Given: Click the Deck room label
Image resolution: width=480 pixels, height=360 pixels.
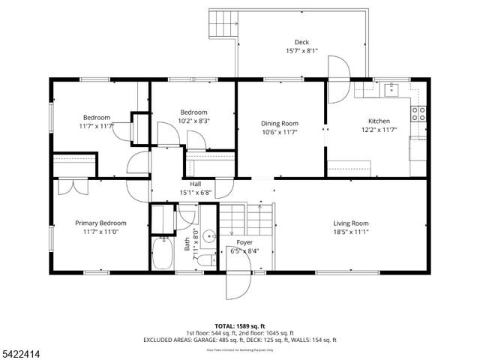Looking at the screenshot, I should click(x=301, y=42).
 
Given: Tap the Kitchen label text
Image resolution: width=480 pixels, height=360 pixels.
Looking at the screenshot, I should click(x=378, y=121).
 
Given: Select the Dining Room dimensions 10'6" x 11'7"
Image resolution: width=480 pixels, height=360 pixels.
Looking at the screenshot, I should click(x=280, y=132).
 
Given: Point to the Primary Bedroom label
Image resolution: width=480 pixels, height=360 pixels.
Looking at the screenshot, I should click(x=100, y=223).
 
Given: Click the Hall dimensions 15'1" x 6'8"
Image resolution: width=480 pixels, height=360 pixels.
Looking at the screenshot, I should click(x=195, y=192).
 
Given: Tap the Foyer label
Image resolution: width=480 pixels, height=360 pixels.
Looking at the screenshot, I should click(x=244, y=243).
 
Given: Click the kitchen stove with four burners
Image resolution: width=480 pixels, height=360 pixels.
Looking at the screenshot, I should click(x=418, y=114).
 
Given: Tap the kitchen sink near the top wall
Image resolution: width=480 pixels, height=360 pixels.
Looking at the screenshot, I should click(x=391, y=89).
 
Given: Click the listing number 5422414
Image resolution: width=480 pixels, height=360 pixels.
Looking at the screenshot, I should click(x=23, y=350).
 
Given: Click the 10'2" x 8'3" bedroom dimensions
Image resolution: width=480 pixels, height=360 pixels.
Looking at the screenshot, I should click(x=172, y=120).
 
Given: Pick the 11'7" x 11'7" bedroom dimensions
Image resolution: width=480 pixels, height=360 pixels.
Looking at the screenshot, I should click(x=97, y=126).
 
